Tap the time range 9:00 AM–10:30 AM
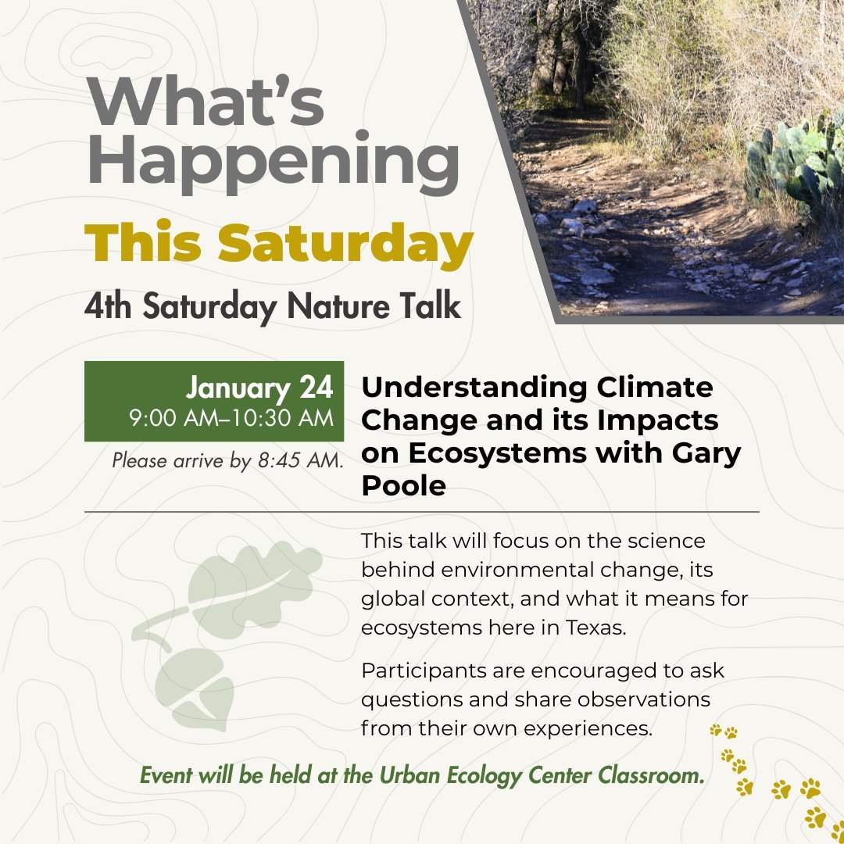click(231, 418)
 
